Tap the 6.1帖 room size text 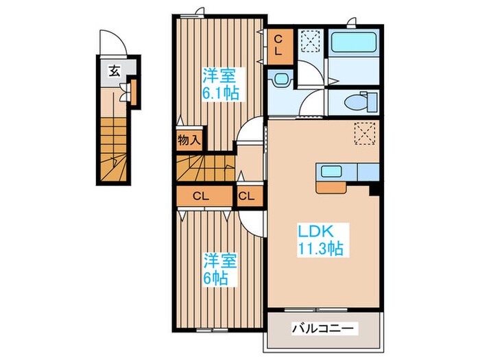[220, 93]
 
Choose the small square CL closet [247, 196]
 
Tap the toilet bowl [352, 102]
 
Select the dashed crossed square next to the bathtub [311, 42]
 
